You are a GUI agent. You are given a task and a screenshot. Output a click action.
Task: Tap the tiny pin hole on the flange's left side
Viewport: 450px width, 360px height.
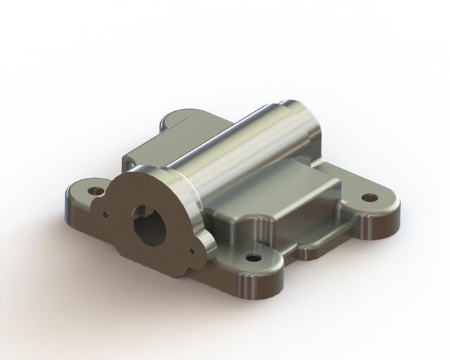click(104, 216)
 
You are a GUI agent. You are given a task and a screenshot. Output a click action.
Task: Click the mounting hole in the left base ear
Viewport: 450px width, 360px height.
click(94, 190)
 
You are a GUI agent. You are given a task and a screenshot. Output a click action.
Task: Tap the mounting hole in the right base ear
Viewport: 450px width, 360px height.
click(366, 197)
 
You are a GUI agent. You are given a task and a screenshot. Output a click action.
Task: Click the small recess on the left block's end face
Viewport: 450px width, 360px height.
click(131, 163)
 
